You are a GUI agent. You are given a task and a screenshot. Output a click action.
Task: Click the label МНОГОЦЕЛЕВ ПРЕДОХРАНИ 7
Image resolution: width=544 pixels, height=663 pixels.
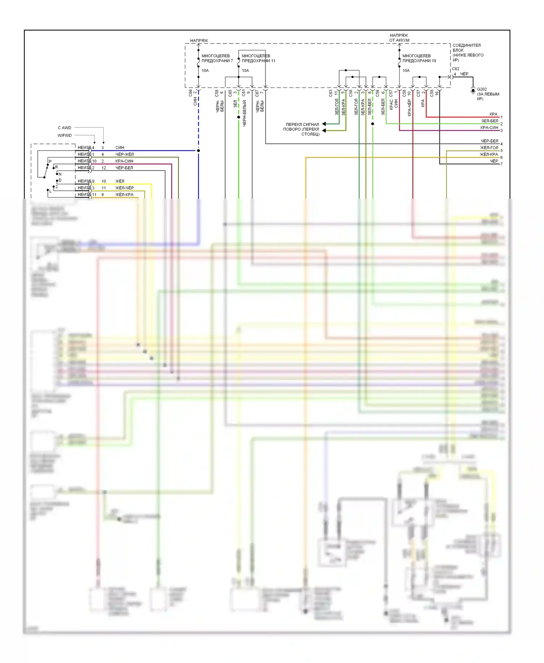point(217,58)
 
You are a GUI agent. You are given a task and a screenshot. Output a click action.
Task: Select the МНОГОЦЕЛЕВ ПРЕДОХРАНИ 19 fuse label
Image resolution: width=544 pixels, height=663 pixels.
point(419,58)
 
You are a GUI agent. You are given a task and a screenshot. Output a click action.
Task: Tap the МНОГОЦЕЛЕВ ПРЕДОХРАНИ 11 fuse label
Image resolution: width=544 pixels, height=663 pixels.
point(258,58)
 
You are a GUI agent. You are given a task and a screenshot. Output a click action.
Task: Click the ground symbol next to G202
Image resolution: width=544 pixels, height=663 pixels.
point(473,91)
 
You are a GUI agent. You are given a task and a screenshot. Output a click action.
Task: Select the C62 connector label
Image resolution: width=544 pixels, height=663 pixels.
point(456,69)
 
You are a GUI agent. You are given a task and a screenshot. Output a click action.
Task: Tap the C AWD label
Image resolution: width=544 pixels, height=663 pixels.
point(65,128)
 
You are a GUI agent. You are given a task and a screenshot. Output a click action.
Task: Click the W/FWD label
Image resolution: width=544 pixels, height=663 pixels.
point(65,136)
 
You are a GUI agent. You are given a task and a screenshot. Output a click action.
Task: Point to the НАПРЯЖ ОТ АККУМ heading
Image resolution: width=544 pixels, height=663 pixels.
point(399,38)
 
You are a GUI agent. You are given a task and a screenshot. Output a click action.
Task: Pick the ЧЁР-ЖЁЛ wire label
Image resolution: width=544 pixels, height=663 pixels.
point(124,155)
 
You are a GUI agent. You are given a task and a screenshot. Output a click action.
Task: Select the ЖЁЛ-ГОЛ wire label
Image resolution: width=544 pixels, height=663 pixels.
point(489,148)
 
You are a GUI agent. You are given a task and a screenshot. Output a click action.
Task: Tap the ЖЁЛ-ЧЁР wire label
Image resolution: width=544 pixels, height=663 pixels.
point(124,188)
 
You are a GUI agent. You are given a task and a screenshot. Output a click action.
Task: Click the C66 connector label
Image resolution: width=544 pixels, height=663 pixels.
point(190,93)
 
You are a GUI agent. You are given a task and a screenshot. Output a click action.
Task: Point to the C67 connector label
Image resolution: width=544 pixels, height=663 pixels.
point(257,93)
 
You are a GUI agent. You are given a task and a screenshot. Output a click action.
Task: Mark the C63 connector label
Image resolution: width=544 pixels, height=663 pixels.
point(330,93)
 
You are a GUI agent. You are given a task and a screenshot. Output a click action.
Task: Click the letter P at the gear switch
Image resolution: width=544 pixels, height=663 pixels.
point(50,161)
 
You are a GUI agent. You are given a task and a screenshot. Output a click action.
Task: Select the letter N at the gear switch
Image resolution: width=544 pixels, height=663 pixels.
point(60,174)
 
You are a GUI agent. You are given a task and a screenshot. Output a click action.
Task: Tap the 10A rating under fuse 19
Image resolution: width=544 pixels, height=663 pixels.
point(406,71)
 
